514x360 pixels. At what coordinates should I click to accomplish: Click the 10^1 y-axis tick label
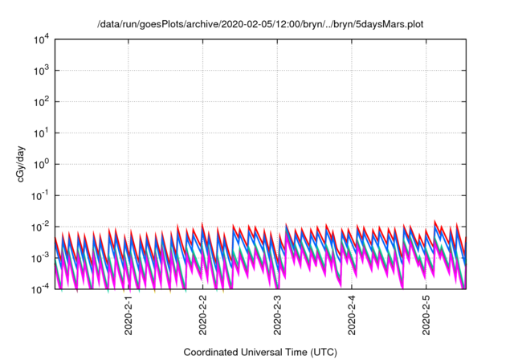point(42,133)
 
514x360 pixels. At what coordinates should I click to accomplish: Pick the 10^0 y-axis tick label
point(42,164)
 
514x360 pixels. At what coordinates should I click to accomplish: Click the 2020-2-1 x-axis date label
point(128,315)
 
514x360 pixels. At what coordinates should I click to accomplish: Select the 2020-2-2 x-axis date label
point(203,315)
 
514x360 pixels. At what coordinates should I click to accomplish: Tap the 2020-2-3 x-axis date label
point(278,315)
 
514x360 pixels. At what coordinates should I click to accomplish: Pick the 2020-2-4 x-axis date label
point(353,315)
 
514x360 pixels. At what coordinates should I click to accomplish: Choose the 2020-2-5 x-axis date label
point(426,315)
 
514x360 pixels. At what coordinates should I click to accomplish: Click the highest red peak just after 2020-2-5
point(435,220)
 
